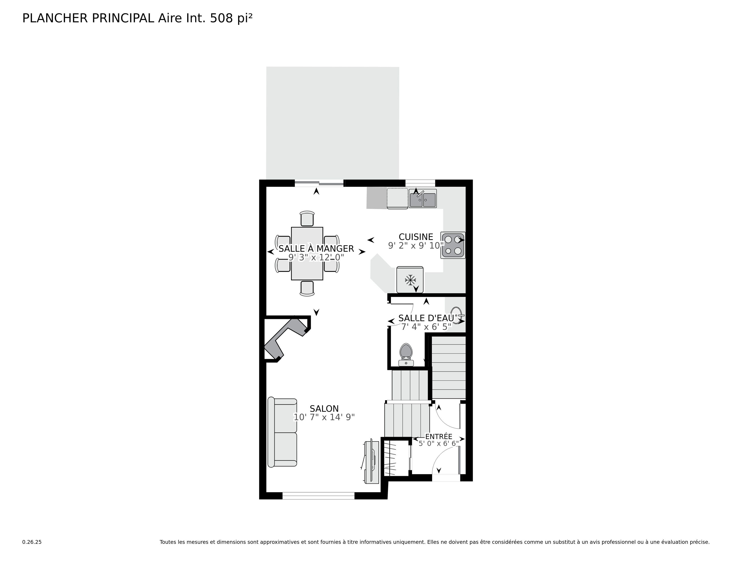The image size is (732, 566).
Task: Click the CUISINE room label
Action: [x=416, y=237]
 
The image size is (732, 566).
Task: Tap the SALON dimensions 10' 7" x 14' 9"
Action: [x=324, y=417]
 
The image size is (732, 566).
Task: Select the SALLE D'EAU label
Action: [x=426, y=318]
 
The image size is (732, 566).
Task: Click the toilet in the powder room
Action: [x=406, y=354]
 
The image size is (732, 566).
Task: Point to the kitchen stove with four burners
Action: [x=453, y=245]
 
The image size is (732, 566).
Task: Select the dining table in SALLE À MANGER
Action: [x=307, y=253]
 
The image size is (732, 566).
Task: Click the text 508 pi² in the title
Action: [x=231, y=18]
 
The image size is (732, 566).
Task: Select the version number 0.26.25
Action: [x=32, y=542]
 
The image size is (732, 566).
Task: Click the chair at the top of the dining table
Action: [x=307, y=219]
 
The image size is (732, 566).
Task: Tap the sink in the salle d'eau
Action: [x=456, y=315]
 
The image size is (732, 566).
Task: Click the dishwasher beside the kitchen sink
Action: [x=397, y=198]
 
